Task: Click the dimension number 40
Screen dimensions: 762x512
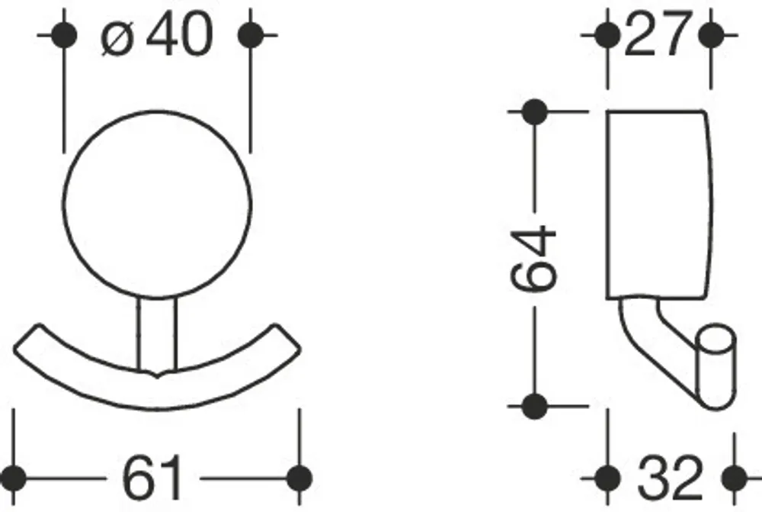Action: coord(180,34)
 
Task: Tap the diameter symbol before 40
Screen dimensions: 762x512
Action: coord(117,37)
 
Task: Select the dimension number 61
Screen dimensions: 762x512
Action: coord(152,478)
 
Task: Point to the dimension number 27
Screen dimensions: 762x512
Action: coord(658,34)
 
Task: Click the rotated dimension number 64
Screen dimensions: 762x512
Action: coord(533,259)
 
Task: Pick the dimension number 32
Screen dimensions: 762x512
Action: coord(670,478)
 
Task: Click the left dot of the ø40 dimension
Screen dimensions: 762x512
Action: coord(64,35)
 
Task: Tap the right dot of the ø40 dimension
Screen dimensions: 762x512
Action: coord(250,35)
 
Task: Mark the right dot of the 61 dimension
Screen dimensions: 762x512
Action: coord(299,478)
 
